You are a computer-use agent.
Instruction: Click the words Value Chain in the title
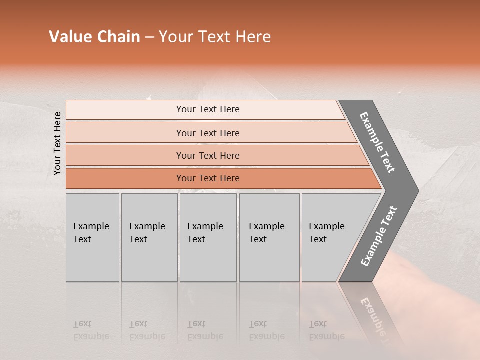(x=94, y=37)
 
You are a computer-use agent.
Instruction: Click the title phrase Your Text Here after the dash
(x=215, y=37)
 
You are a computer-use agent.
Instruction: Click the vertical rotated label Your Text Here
(x=57, y=143)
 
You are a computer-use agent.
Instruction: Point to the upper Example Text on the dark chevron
(x=378, y=142)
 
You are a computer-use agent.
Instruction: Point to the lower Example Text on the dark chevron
(x=378, y=236)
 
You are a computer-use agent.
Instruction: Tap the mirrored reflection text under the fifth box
(x=326, y=330)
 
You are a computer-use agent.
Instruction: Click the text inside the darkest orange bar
(x=208, y=178)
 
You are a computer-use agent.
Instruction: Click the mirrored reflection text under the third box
(x=205, y=330)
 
